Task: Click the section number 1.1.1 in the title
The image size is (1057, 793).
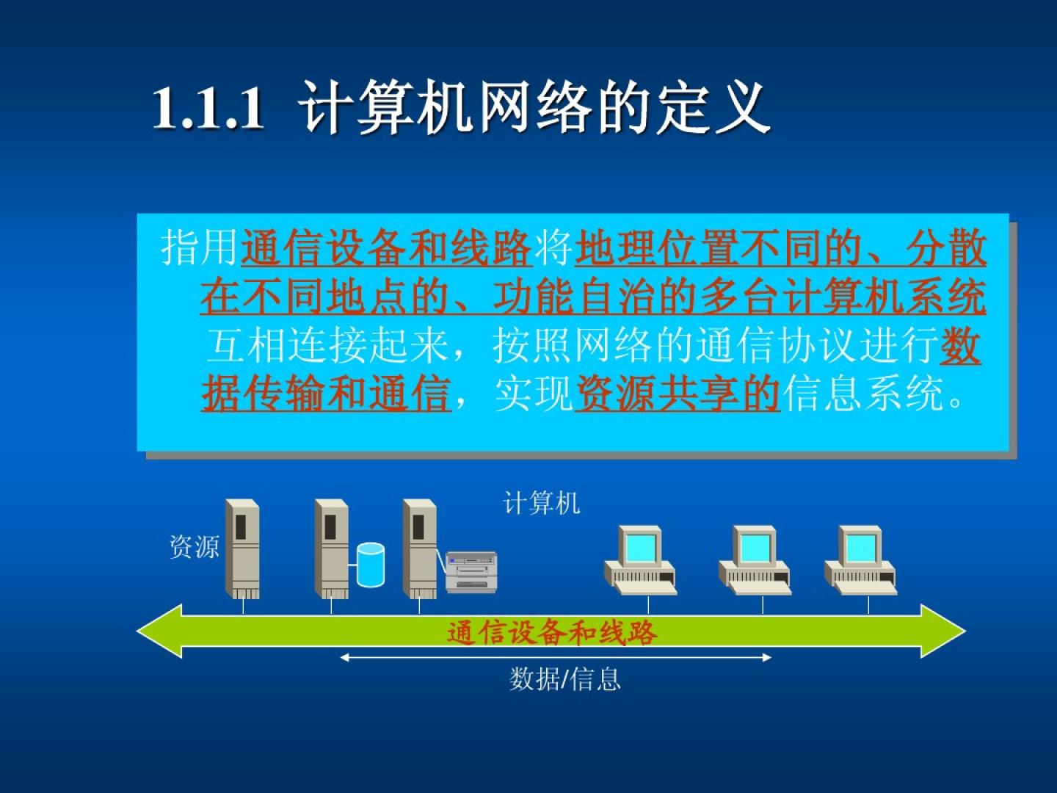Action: point(208,108)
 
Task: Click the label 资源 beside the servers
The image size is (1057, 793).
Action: point(195,546)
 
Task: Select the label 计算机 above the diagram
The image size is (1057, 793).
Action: point(541,503)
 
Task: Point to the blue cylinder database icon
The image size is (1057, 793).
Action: point(371,565)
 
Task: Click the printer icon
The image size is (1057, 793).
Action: point(471,572)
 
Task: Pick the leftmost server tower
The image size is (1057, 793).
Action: point(243,549)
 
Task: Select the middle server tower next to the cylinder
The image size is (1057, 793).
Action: point(331,549)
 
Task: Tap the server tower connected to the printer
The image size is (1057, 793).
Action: point(419,549)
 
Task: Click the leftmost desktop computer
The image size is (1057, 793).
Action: point(641,560)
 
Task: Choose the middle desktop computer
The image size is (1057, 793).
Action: point(755,560)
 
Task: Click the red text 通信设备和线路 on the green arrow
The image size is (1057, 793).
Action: point(552,633)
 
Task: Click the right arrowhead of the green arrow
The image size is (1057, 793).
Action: point(944,631)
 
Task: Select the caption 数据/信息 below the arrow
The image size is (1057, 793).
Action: point(565,679)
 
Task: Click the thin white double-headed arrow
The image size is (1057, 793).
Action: point(556,657)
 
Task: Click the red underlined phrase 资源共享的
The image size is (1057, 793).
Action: point(678,394)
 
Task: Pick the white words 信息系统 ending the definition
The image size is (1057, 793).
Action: point(862,394)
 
